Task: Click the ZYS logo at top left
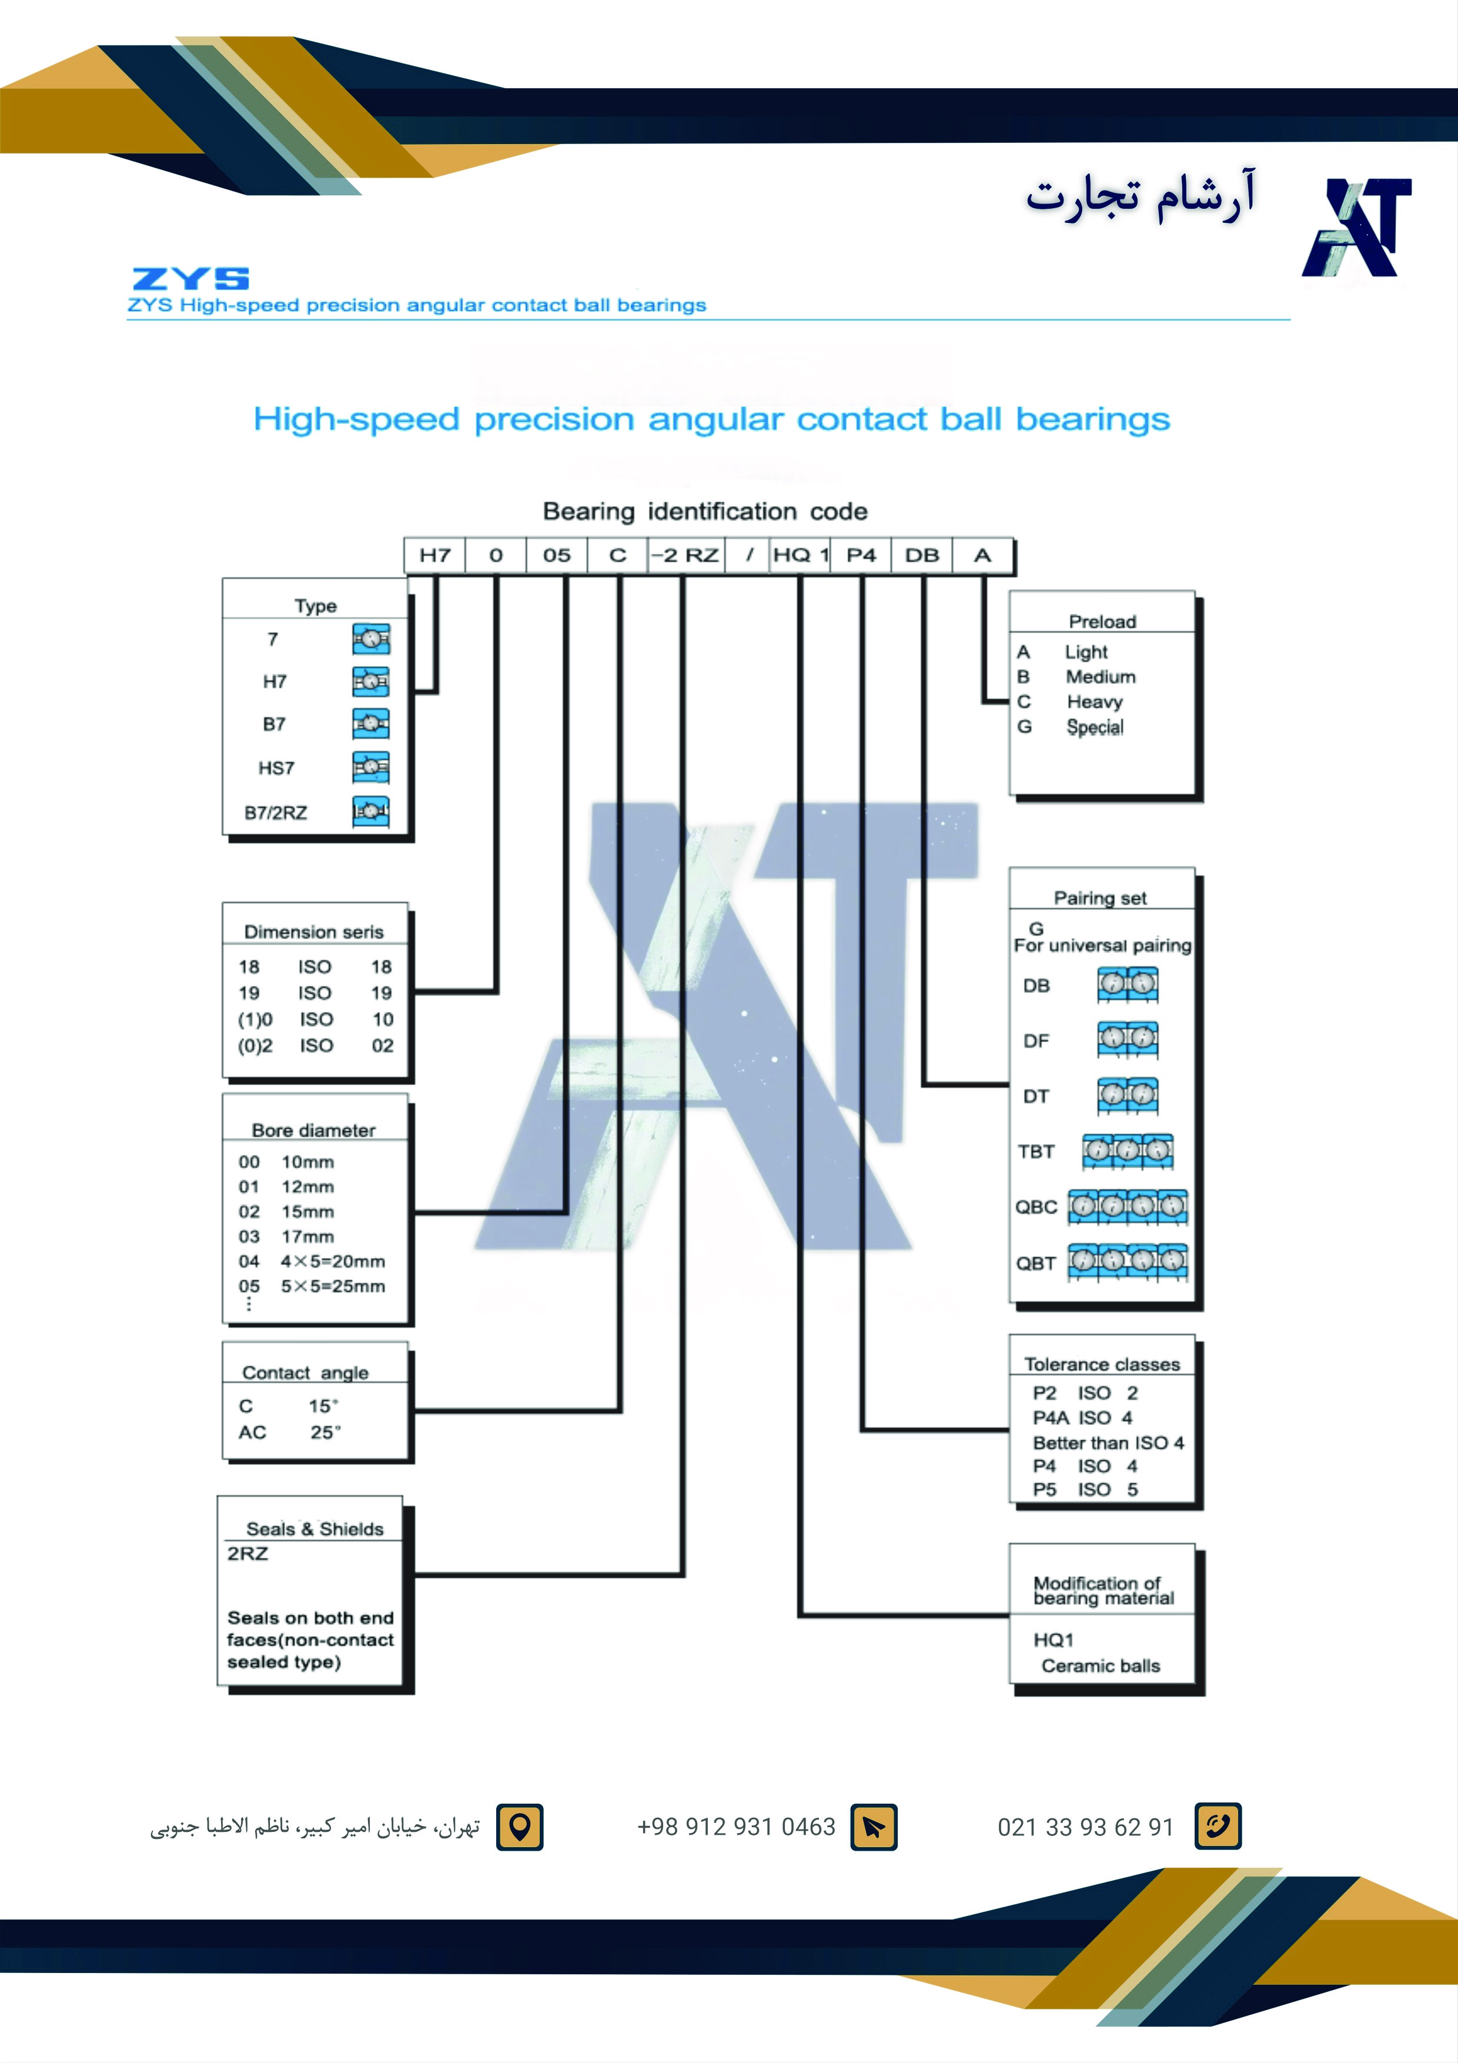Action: click(190, 279)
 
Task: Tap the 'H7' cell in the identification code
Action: click(435, 555)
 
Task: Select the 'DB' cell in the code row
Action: click(922, 555)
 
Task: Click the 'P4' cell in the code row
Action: click(861, 555)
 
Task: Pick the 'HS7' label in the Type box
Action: click(276, 768)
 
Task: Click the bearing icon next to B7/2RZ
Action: click(370, 812)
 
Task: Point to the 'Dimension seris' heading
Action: click(313, 932)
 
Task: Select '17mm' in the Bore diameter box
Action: click(307, 1236)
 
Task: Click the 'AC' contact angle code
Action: click(252, 1432)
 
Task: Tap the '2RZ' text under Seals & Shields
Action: click(247, 1554)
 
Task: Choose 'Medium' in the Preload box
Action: click(1101, 676)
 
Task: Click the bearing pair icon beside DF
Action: click(1128, 1040)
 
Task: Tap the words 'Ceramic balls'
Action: click(1101, 1666)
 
